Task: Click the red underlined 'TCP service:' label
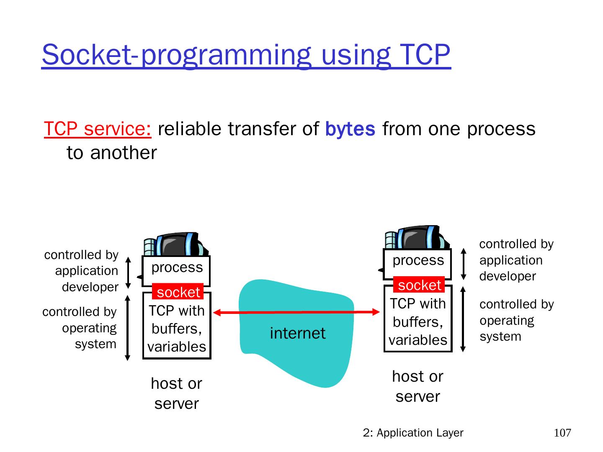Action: coord(98,129)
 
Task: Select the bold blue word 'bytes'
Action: coord(350,129)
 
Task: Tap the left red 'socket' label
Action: coord(178,292)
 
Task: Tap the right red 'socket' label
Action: coord(419,285)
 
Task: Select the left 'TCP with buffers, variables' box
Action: coord(176,329)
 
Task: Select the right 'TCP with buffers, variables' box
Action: coord(417,321)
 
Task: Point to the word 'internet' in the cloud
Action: coord(297,333)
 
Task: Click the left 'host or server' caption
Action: coord(176,393)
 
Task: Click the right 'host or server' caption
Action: coord(417,386)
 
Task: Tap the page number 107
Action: coord(562,433)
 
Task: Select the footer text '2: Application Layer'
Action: coord(413,433)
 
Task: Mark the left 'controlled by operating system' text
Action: coord(80,328)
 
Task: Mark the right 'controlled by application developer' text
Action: coord(516,260)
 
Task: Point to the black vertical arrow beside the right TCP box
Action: coord(463,319)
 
